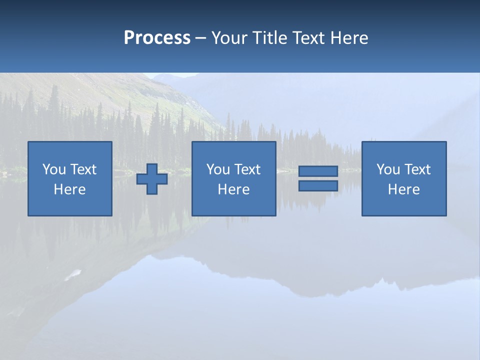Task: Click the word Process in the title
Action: [x=157, y=38]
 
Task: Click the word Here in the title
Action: [x=350, y=38]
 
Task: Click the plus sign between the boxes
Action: [x=152, y=179]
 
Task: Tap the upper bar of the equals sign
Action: [x=318, y=171]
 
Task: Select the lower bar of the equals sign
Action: [x=318, y=185]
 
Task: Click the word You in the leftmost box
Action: [x=54, y=169]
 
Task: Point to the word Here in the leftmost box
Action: [x=70, y=189]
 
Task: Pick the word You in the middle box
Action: [x=218, y=169]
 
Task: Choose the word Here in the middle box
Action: [x=234, y=189]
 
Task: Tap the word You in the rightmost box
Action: [x=388, y=169]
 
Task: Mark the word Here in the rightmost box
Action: [x=404, y=189]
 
